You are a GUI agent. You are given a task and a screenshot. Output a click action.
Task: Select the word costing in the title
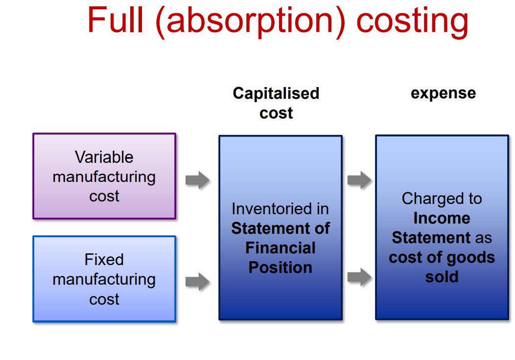[412, 21]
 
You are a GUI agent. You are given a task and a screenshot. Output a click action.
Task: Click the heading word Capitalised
[276, 93]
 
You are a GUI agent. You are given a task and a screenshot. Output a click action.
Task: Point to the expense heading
[443, 93]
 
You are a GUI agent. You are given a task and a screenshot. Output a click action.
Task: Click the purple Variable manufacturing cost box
[104, 176]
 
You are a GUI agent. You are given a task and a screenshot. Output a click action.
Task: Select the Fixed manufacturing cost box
[104, 279]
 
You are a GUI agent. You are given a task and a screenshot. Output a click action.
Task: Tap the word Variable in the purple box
[104, 157]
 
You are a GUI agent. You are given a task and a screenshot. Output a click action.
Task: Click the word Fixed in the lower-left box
[104, 259]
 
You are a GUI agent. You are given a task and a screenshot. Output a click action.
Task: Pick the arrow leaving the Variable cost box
[197, 180]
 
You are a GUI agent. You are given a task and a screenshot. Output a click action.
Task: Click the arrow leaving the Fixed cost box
[197, 282]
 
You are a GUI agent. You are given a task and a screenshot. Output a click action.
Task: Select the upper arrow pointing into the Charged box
[359, 180]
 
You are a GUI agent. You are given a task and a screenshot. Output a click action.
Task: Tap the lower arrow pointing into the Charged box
[359, 277]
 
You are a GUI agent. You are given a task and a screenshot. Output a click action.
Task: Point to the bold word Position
[281, 268]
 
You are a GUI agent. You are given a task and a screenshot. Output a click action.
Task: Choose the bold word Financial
[281, 248]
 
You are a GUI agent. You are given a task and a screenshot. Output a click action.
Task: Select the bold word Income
[442, 218]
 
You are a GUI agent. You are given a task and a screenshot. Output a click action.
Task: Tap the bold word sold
[442, 277]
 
